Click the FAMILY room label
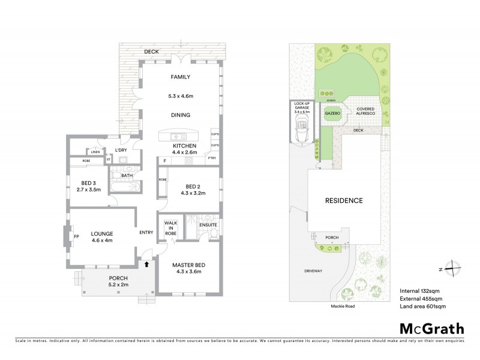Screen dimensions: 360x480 [x=180, y=77]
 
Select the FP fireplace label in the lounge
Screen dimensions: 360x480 [x=76, y=236]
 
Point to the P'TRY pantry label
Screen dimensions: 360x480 [x=211, y=157]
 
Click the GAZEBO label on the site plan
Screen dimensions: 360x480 [x=332, y=112]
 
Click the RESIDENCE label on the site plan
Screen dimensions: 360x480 [x=344, y=200]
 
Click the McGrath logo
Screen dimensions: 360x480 [x=431, y=328]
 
